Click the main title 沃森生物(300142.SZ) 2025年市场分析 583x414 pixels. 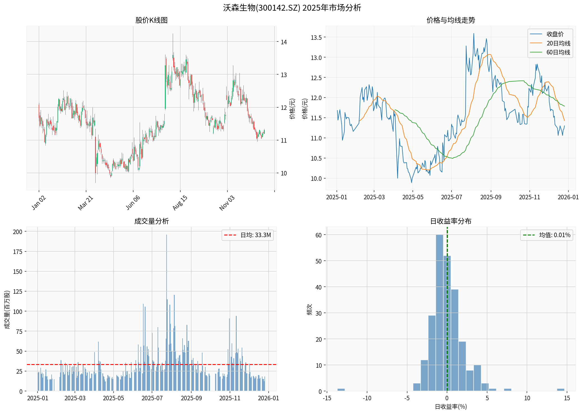click(292, 8)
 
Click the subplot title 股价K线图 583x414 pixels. click(151, 20)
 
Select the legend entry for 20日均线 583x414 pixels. click(558, 43)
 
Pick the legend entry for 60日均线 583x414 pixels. click(558, 52)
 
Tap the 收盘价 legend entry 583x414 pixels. click(555, 34)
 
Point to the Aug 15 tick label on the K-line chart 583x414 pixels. click(180, 203)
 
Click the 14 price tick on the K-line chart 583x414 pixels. click(284, 42)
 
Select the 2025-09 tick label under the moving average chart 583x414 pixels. click(490, 197)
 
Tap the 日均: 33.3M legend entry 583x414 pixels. click(255, 235)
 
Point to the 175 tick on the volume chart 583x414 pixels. click(18, 252)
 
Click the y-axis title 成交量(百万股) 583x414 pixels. click(7, 309)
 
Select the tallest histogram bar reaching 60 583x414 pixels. click(439, 313)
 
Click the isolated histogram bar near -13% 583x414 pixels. click(341, 390)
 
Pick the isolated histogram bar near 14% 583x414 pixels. click(561, 390)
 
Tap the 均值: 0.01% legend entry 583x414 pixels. click(554, 235)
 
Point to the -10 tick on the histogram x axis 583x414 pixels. click(367, 398)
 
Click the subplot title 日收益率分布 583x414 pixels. click(451, 221)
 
